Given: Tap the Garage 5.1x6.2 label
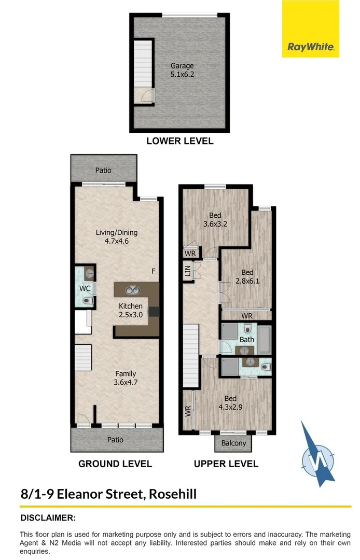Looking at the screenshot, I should click(x=182, y=70).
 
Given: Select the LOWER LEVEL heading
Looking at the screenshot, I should click(x=179, y=141).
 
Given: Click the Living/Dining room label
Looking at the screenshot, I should click(x=116, y=236).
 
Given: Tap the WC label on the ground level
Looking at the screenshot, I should click(x=85, y=288).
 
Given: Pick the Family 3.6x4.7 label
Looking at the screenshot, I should click(x=126, y=377).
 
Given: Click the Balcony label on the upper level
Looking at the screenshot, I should click(x=233, y=443).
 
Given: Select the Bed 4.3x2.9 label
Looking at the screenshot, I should click(x=230, y=402).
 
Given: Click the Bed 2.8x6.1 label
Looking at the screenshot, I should click(x=247, y=276).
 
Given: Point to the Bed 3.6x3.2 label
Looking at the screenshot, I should click(x=215, y=219).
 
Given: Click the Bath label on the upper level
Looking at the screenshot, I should click(x=247, y=340).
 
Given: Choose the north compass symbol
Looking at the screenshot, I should click(x=318, y=454).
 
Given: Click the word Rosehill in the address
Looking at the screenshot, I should click(x=173, y=493).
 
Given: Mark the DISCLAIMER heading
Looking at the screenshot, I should click(x=48, y=517).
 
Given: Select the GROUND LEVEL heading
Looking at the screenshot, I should click(x=115, y=464).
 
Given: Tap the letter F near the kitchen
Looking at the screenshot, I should click(x=153, y=271).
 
